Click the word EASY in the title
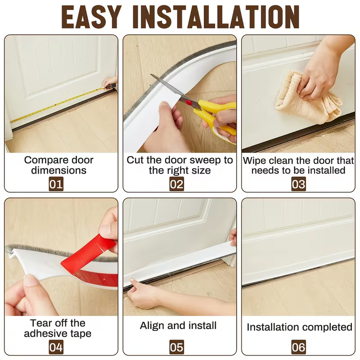pyautogui.click(x=91, y=17)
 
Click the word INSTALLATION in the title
pyautogui.click(x=216, y=17)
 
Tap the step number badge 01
pyautogui.click(x=56, y=184)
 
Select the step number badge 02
pyautogui.click(x=176, y=184)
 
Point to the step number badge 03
pyautogui.click(x=298, y=184)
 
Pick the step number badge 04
pyautogui.click(x=56, y=347)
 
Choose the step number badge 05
pyautogui.click(x=176, y=347)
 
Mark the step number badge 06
pyautogui.click(x=298, y=347)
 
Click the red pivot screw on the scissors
pyautogui.click(x=189, y=103)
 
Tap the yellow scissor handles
pyautogui.click(x=216, y=117)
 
